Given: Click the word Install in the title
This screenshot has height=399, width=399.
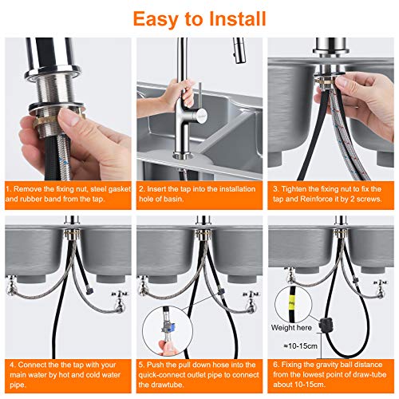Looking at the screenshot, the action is click(238, 18).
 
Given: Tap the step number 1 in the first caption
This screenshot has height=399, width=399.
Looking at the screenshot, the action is click(8, 189).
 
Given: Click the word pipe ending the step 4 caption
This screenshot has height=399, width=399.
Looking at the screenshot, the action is click(18, 385).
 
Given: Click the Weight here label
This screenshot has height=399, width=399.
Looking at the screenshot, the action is click(291, 328).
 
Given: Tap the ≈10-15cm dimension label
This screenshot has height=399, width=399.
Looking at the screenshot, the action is click(301, 346).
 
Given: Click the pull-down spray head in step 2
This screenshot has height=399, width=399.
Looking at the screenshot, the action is click(239, 50).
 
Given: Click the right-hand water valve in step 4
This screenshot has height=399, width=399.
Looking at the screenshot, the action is click(120, 301).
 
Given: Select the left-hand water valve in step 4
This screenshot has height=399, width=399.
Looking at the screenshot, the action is click(11, 286).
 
